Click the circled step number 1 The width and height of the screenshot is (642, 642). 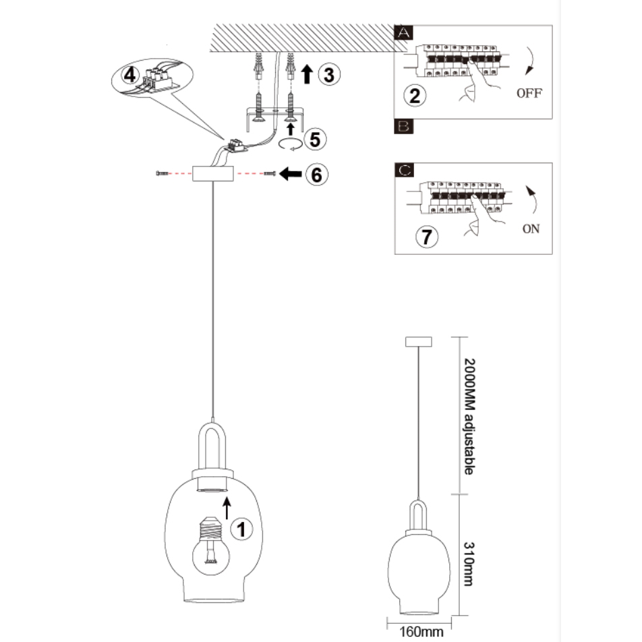[x=243, y=529]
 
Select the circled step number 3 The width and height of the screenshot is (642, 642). [x=328, y=75]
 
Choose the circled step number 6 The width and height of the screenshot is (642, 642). [x=316, y=174]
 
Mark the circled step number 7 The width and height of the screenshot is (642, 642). [x=427, y=237]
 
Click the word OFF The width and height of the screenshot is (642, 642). [x=529, y=93]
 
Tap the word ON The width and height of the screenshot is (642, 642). [x=531, y=229]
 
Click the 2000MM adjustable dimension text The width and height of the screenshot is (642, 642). [x=468, y=415]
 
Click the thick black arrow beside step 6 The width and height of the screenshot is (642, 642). [x=291, y=175]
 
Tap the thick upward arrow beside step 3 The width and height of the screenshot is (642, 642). [x=308, y=74]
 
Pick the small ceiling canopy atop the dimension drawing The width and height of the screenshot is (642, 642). [x=419, y=341]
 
